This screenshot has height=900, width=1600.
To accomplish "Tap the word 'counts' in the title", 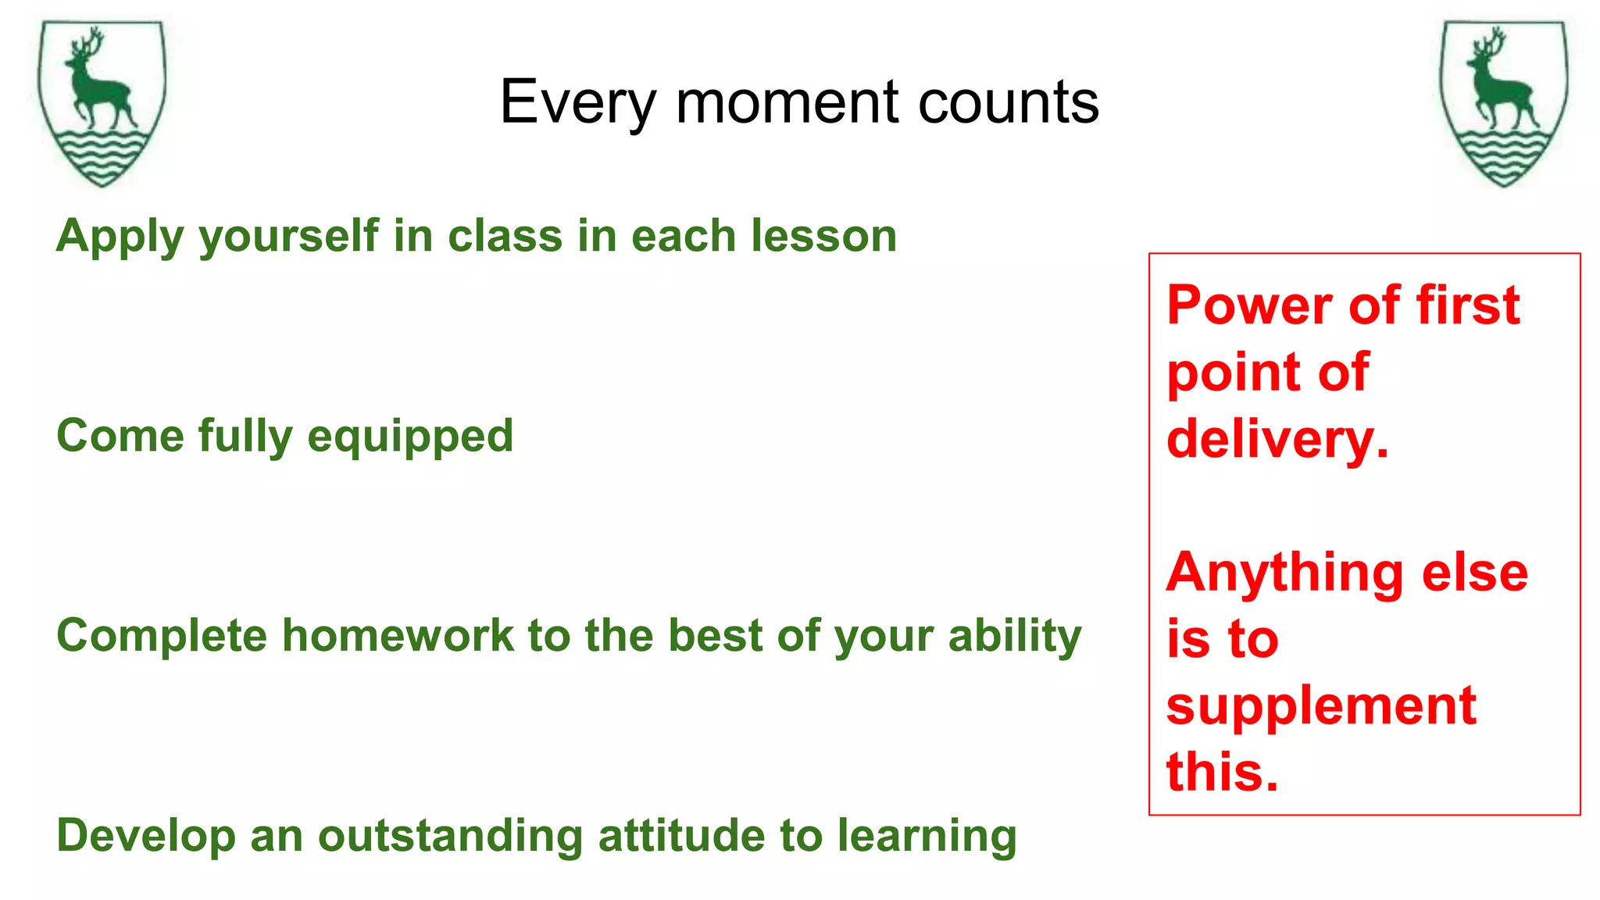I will click(1008, 102).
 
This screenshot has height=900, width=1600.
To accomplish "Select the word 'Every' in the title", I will click(579, 102).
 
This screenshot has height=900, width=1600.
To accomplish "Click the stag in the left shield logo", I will click(95, 82).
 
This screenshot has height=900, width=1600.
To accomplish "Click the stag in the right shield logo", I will click(1498, 82).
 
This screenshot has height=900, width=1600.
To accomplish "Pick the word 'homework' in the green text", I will click(397, 634).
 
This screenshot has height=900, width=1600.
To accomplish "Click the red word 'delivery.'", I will click(1277, 439).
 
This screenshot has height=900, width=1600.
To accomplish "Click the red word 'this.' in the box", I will click(1222, 772).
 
